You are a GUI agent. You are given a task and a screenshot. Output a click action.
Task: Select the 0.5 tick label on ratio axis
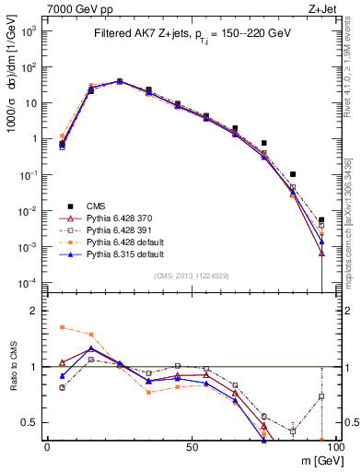coord(31,422)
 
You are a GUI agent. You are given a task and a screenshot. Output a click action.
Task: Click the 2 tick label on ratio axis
coord(35,311)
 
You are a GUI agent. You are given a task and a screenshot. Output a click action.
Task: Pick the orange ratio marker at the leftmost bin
coord(62,326)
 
